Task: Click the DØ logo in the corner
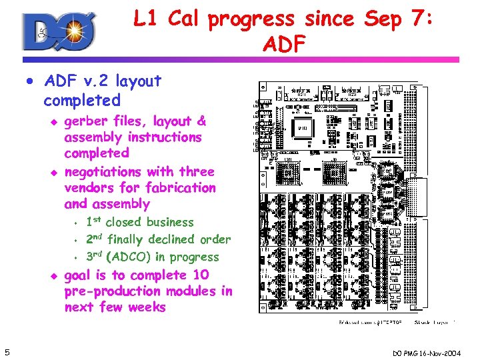tap(59, 32)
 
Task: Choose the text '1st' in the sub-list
tap(93, 222)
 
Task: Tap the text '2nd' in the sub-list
tap(95, 239)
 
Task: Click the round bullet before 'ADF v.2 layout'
tap(30, 82)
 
